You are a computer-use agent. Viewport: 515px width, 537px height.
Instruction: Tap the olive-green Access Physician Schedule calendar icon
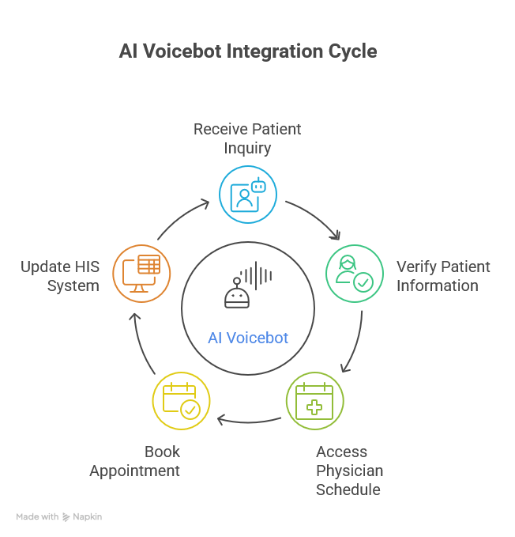click(x=314, y=401)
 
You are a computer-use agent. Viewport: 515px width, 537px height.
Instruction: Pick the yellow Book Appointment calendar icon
click(x=181, y=401)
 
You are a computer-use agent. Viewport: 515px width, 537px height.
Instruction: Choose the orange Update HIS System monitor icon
click(x=141, y=273)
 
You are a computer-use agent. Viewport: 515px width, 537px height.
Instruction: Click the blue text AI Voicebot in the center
click(x=248, y=338)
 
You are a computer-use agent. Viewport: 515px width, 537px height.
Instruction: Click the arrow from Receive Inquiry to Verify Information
click(x=314, y=217)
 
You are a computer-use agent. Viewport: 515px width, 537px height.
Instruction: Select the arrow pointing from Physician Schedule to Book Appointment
click(x=248, y=419)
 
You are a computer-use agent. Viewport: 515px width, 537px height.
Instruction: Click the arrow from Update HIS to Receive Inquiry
click(x=182, y=217)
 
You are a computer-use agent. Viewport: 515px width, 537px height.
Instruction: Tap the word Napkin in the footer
click(x=88, y=516)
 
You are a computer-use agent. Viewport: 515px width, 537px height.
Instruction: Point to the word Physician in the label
click(x=349, y=471)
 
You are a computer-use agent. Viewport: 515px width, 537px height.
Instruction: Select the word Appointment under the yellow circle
click(x=135, y=471)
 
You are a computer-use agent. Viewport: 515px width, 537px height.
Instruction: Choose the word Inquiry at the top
click(x=246, y=148)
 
